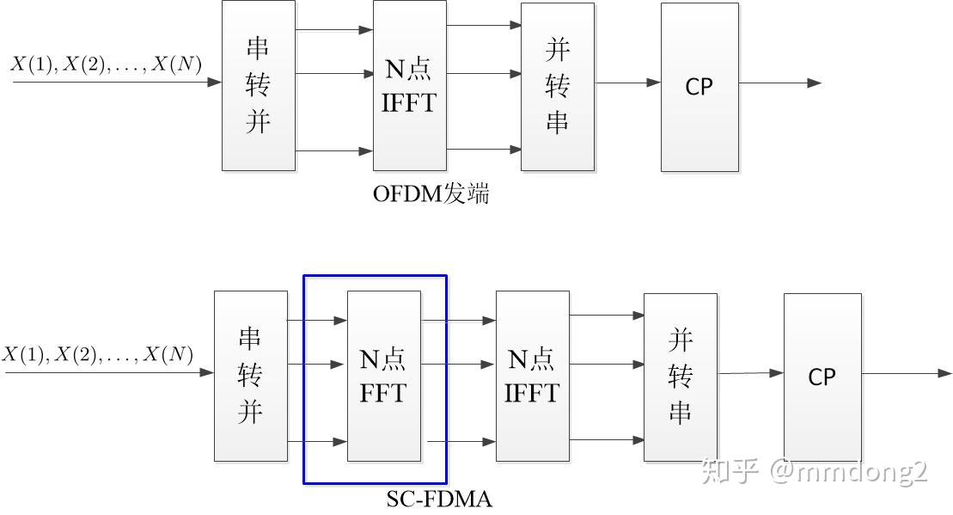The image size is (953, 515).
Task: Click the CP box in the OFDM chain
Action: pos(699,87)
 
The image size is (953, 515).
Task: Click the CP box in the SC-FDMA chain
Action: pos(822,377)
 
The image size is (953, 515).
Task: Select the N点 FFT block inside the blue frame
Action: pos(383,376)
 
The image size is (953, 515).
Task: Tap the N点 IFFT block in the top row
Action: pos(409,86)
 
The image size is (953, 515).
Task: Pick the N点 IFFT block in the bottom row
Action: pos(532,376)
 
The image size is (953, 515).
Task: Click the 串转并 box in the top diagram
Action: pos(258,86)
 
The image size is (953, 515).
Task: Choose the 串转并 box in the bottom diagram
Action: pos(250,376)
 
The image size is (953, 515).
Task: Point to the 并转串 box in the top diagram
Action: pos(557,86)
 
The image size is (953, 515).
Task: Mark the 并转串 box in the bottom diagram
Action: pos(680,377)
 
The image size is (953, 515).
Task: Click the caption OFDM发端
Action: pos(431,194)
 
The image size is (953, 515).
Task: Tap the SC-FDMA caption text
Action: pos(439,499)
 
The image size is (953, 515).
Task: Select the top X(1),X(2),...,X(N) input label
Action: pos(106,64)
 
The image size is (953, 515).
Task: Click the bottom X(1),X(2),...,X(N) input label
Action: pos(97,353)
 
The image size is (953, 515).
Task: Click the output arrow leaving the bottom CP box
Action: pos(906,373)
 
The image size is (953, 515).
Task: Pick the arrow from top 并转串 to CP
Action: pos(626,83)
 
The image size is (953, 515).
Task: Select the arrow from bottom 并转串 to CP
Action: pos(749,373)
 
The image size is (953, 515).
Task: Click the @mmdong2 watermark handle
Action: pos(849,471)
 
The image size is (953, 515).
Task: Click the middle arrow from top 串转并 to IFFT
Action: pos(333,74)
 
